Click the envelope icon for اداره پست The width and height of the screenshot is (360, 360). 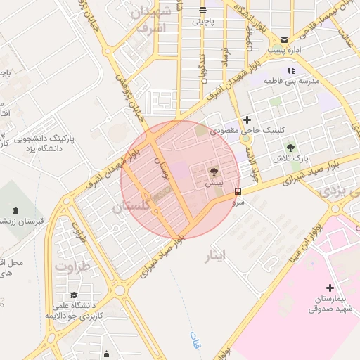coord(284,40)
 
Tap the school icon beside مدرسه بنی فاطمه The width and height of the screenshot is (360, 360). coord(291,70)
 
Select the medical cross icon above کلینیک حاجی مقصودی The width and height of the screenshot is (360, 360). coord(246,120)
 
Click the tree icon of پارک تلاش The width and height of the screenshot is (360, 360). coord(290,148)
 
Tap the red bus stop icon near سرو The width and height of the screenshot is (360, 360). coord(238,191)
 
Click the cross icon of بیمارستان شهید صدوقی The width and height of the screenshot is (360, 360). coord(330,288)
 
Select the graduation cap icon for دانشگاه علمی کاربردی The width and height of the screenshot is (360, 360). coord(74,295)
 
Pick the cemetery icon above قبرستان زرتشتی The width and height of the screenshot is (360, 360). coord(16,210)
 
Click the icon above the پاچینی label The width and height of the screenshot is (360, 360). coord(202,10)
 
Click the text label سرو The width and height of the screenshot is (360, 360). coord(239,201)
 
